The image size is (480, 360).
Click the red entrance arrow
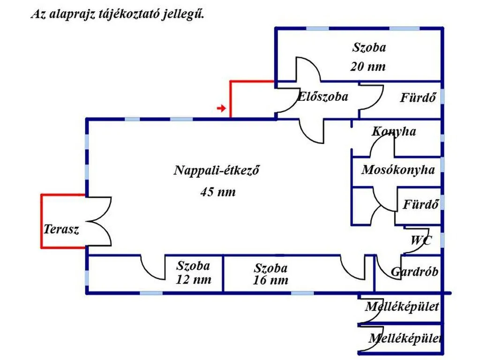(221, 108)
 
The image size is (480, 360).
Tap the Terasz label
(61, 229)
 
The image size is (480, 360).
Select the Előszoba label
(322, 97)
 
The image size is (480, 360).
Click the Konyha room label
(394, 131)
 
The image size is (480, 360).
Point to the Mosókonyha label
(398, 170)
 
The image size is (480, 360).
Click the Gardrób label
(414, 271)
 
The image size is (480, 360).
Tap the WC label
(421, 240)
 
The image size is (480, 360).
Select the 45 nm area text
(218, 192)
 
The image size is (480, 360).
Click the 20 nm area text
(368, 67)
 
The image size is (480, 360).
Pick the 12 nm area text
(194, 279)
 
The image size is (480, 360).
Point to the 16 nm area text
(270, 280)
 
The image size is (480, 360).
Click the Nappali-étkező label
(217, 170)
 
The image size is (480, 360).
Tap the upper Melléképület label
(402, 307)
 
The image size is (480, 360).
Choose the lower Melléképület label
(405, 338)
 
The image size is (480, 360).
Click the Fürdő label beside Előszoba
(418, 97)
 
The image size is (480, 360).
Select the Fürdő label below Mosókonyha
(420, 204)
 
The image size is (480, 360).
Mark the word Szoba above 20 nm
(369, 47)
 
